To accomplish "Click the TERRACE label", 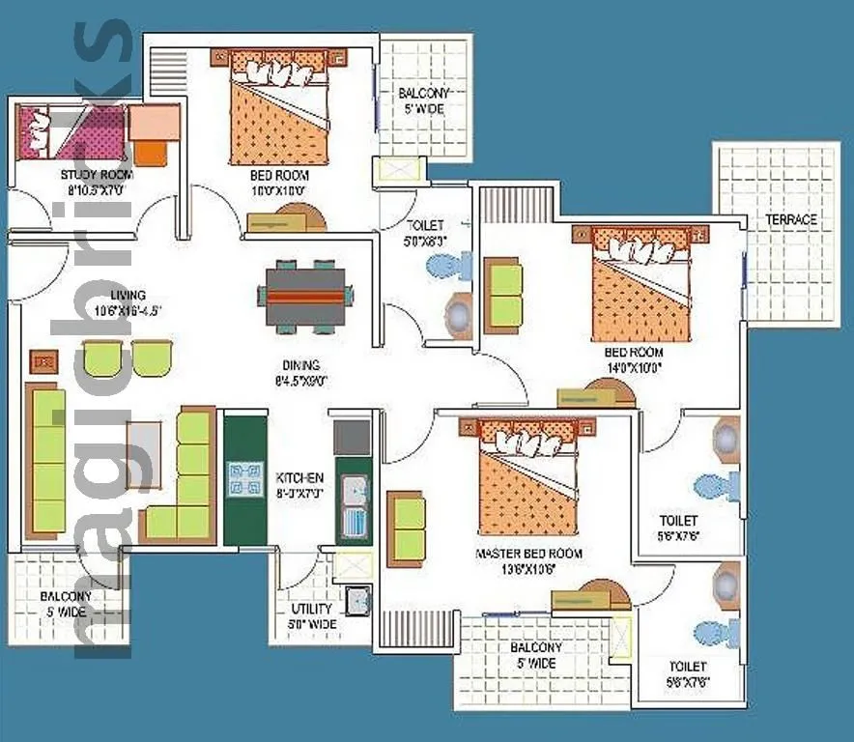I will (x=791, y=219).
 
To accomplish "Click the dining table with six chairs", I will (x=305, y=295).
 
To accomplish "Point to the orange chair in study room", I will (x=151, y=151).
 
